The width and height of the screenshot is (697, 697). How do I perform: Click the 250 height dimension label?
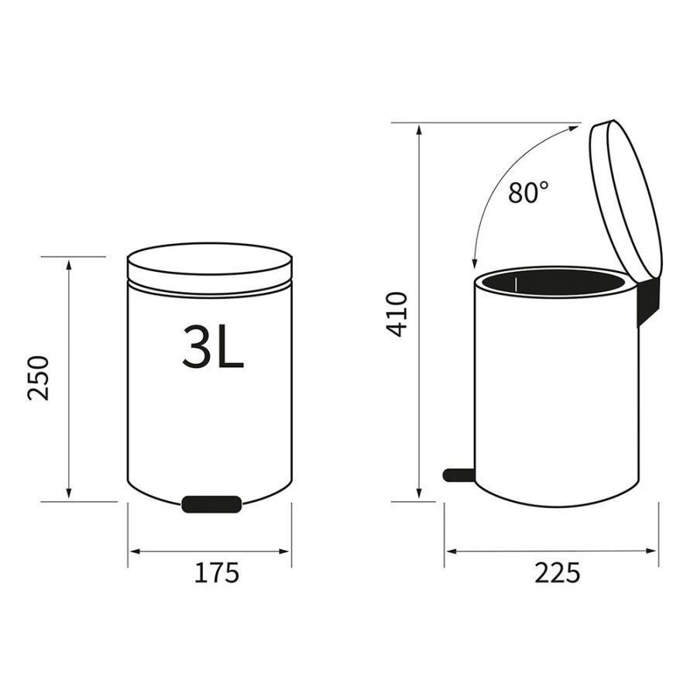point(38,379)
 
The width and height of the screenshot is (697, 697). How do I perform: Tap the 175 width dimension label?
point(217,573)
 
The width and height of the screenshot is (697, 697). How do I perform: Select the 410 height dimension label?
point(397,314)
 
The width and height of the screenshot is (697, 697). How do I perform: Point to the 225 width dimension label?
point(558,573)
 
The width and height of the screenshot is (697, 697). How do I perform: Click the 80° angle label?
point(528,193)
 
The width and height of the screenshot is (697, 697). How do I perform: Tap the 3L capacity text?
point(214,346)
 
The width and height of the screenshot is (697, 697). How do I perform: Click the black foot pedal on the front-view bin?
point(211,504)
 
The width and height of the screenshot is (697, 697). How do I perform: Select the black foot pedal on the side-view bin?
point(458,475)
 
